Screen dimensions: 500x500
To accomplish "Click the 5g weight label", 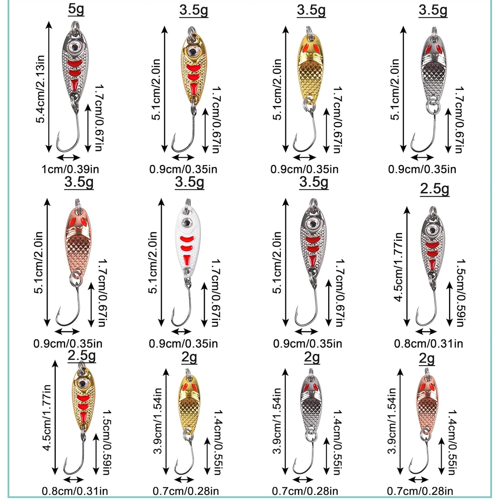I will pyautogui.click(x=76, y=9).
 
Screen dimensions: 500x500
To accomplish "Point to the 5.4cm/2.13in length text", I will pyautogui.click(x=40, y=89).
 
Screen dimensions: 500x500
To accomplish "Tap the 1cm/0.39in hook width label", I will pyautogui.click(x=70, y=169).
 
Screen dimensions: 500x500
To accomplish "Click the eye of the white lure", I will pyautogui.click(x=187, y=222).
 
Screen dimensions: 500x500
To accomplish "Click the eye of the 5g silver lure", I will pyautogui.click(x=75, y=47).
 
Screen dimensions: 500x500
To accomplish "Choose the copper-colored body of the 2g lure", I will pyautogui.click(x=426, y=403).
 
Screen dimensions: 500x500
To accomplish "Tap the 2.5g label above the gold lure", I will pyautogui.click(x=82, y=356).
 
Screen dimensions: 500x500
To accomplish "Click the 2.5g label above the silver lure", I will pyautogui.click(x=434, y=189).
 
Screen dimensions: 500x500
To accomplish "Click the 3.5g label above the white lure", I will pyautogui.click(x=189, y=182).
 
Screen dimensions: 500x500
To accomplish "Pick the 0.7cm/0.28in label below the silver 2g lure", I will pyautogui.click(x=305, y=491).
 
